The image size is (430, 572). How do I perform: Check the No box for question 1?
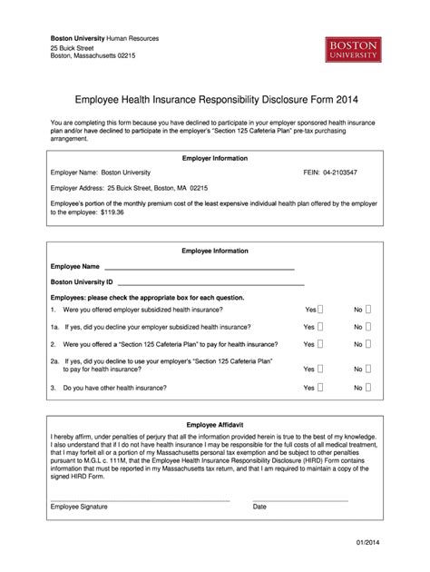[x=367, y=310]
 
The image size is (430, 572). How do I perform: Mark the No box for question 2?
[x=367, y=344]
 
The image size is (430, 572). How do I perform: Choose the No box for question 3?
[x=367, y=388]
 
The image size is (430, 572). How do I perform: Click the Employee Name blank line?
[x=200, y=269]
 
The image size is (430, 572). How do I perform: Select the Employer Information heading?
[x=215, y=158]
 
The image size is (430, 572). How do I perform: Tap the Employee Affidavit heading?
[x=215, y=424]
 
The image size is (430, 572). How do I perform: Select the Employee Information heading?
[x=215, y=251]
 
